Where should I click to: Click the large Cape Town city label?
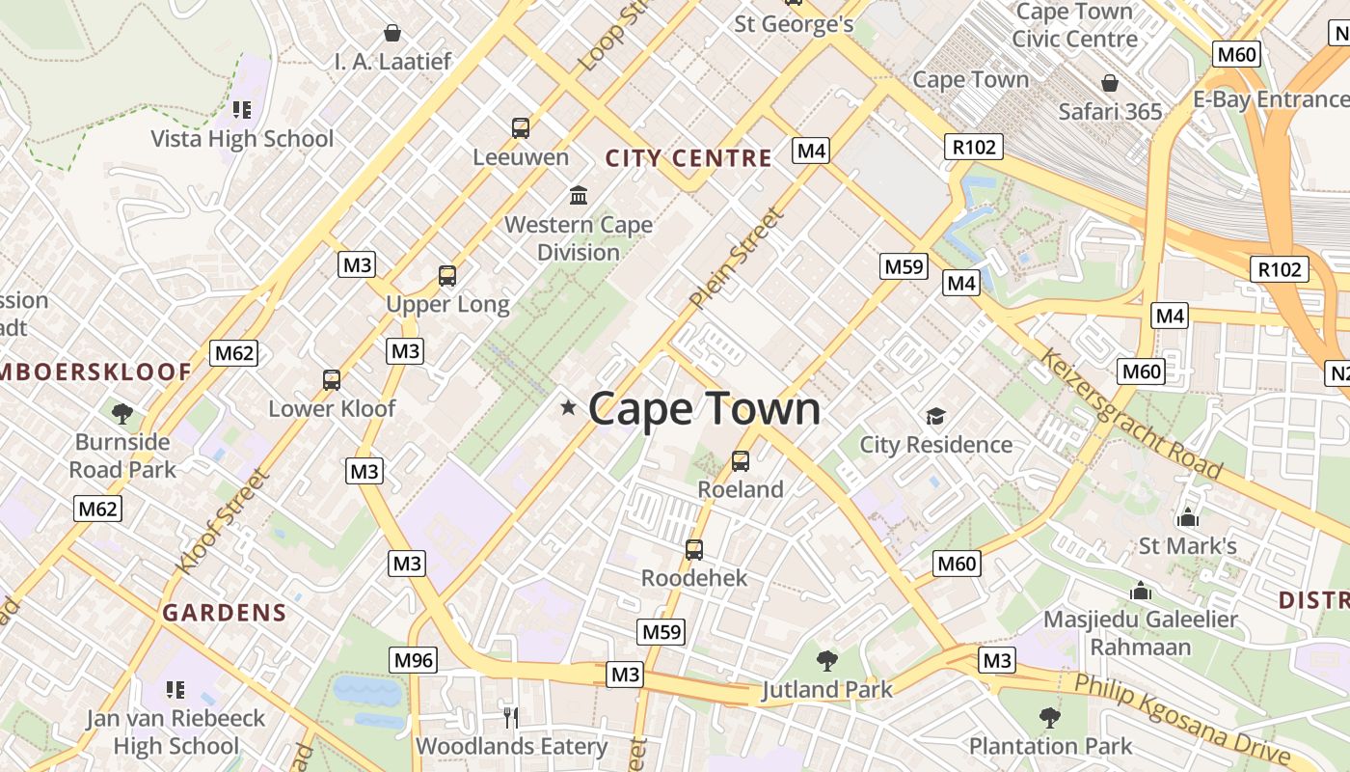(704, 409)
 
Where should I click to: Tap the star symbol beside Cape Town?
(568, 408)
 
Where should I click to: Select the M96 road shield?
(414, 660)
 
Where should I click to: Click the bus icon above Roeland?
(741, 461)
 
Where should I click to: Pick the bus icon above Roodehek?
(694, 550)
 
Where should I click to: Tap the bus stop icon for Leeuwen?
(521, 127)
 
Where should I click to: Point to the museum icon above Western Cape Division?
(579, 196)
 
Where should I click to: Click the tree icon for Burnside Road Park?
(122, 414)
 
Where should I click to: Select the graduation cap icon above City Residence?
(935, 417)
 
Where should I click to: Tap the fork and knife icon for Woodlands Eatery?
(511, 717)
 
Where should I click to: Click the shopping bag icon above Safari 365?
(1110, 83)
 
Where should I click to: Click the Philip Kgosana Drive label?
(1182, 718)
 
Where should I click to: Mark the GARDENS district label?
(225, 613)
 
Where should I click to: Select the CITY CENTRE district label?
(688, 158)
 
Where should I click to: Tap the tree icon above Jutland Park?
(826, 661)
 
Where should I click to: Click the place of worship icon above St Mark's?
(1188, 517)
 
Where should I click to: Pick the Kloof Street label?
(221, 522)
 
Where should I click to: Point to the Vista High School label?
(242, 139)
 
